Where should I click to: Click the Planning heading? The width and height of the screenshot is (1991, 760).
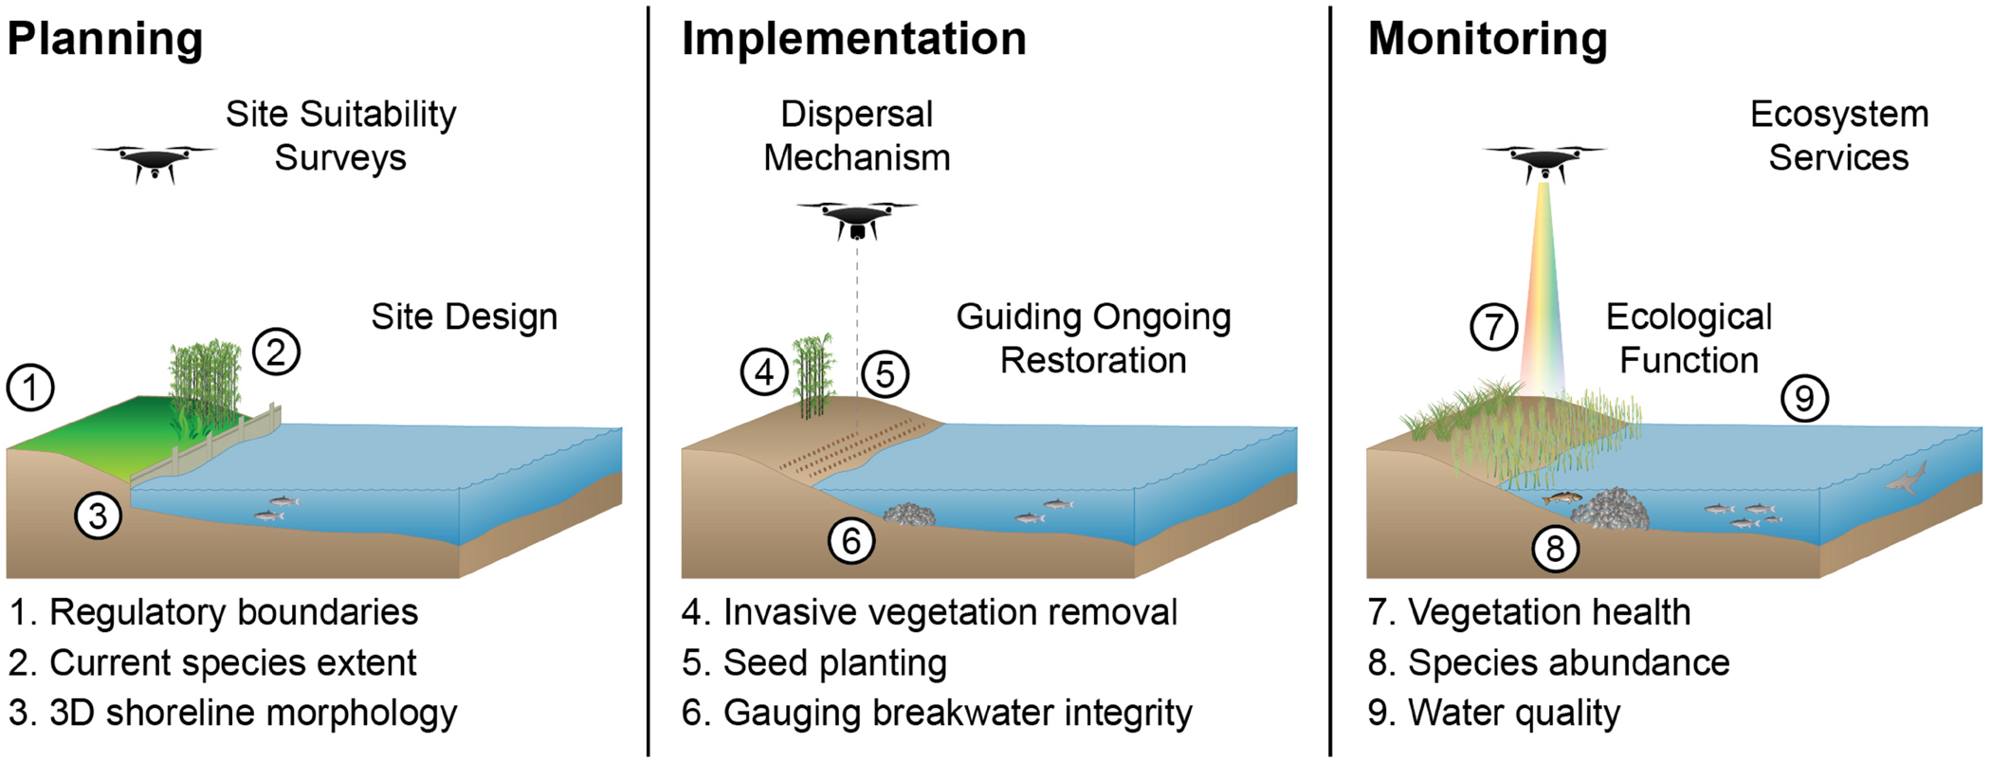[105, 40]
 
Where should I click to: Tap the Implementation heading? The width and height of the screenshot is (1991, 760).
[853, 40]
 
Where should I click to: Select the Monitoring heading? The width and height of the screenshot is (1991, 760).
[1487, 40]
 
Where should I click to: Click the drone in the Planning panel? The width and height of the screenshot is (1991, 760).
[154, 161]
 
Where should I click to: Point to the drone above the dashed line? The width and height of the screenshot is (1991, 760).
[857, 218]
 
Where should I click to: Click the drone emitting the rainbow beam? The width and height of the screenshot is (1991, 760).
[1544, 162]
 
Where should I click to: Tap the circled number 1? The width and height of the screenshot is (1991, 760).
[30, 388]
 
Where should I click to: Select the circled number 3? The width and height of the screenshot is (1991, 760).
[99, 516]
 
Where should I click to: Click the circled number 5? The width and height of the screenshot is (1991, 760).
[885, 374]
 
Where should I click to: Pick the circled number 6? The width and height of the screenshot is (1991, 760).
[851, 541]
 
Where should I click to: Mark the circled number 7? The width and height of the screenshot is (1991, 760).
[1493, 327]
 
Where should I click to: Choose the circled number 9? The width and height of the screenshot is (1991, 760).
[1804, 398]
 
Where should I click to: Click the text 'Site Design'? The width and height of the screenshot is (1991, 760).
[464, 317]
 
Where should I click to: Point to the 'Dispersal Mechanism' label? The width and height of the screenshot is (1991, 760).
[856, 136]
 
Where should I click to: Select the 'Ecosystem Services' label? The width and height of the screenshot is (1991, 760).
[1838, 136]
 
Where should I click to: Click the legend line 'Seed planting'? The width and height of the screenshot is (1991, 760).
[815, 662]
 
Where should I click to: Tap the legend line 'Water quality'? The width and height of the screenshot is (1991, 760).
[1494, 713]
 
